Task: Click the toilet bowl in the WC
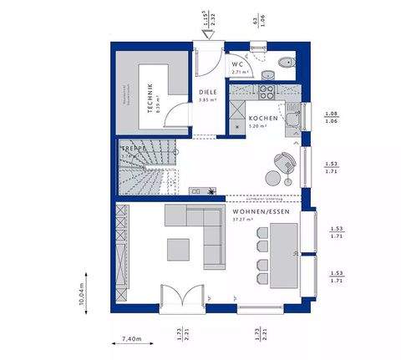pyautogui.click(x=285, y=61)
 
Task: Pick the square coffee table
pyautogui.click(x=177, y=248)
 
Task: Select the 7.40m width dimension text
pyautogui.click(x=132, y=339)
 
